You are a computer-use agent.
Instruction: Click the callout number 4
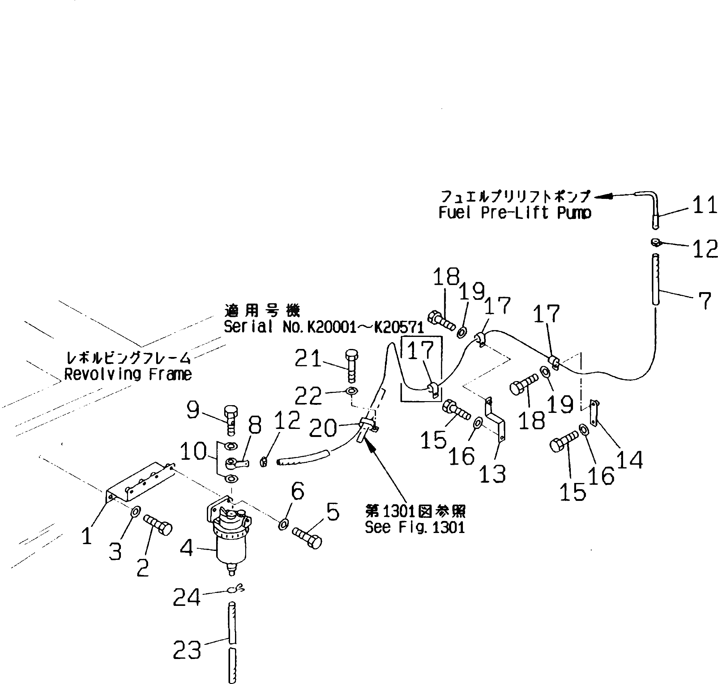[x=186, y=548]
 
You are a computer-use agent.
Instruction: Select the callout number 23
[x=187, y=650]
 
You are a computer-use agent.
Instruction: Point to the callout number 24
[x=186, y=597]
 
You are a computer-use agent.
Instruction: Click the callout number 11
[x=704, y=205]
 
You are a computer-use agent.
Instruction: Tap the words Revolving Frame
[x=128, y=375]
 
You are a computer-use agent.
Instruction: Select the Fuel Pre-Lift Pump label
[x=515, y=212]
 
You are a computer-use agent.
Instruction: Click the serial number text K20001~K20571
[x=365, y=327]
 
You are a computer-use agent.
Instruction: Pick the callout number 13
[x=492, y=474]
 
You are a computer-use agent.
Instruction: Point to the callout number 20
[x=323, y=428]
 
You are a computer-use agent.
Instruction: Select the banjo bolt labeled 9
[x=231, y=420]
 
